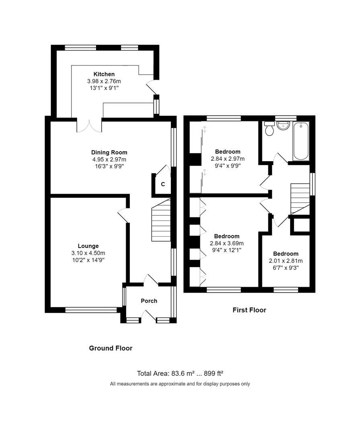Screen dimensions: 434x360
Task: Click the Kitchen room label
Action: coord(104,74)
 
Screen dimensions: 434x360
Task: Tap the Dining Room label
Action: coord(109,152)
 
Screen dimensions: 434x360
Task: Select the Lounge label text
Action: coord(88,246)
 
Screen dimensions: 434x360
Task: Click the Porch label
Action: coord(149,301)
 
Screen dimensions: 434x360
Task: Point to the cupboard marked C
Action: coord(163,185)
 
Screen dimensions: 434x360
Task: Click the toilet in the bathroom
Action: coord(269,129)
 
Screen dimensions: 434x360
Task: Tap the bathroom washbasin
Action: coord(283,125)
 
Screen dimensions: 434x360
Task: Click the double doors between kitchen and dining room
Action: coord(89,125)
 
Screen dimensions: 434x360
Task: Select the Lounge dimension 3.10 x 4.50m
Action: coord(88,253)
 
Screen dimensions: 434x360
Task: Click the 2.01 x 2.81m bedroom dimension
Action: coord(286,261)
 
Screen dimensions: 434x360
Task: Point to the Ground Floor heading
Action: coord(110,348)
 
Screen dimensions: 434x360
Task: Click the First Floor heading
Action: coord(249,310)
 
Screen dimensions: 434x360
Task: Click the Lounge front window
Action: coord(91,310)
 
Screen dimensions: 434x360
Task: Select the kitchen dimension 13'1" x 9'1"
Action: coord(104,88)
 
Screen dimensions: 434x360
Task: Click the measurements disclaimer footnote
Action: coord(180,384)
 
